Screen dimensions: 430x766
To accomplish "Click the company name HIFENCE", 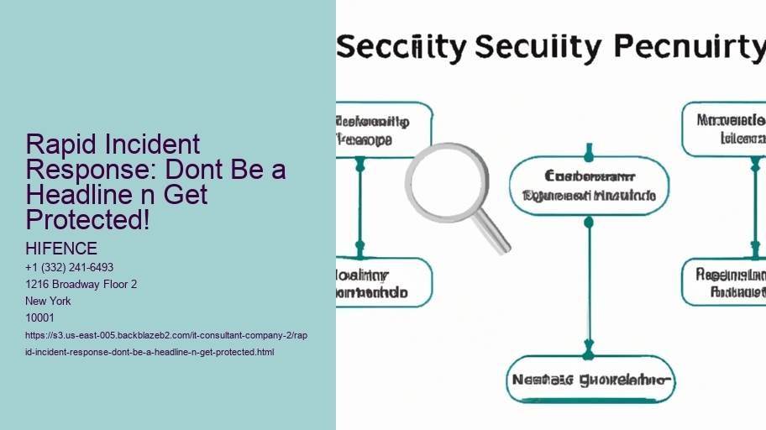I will [x=62, y=249].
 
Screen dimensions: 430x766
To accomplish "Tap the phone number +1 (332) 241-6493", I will [x=70, y=268].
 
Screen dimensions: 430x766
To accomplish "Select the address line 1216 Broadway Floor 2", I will [x=81, y=285].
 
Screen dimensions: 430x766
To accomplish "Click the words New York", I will [x=49, y=301].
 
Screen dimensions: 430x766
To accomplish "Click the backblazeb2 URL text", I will [x=168, y=343].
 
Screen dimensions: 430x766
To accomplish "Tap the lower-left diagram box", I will [x=384, y=283].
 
